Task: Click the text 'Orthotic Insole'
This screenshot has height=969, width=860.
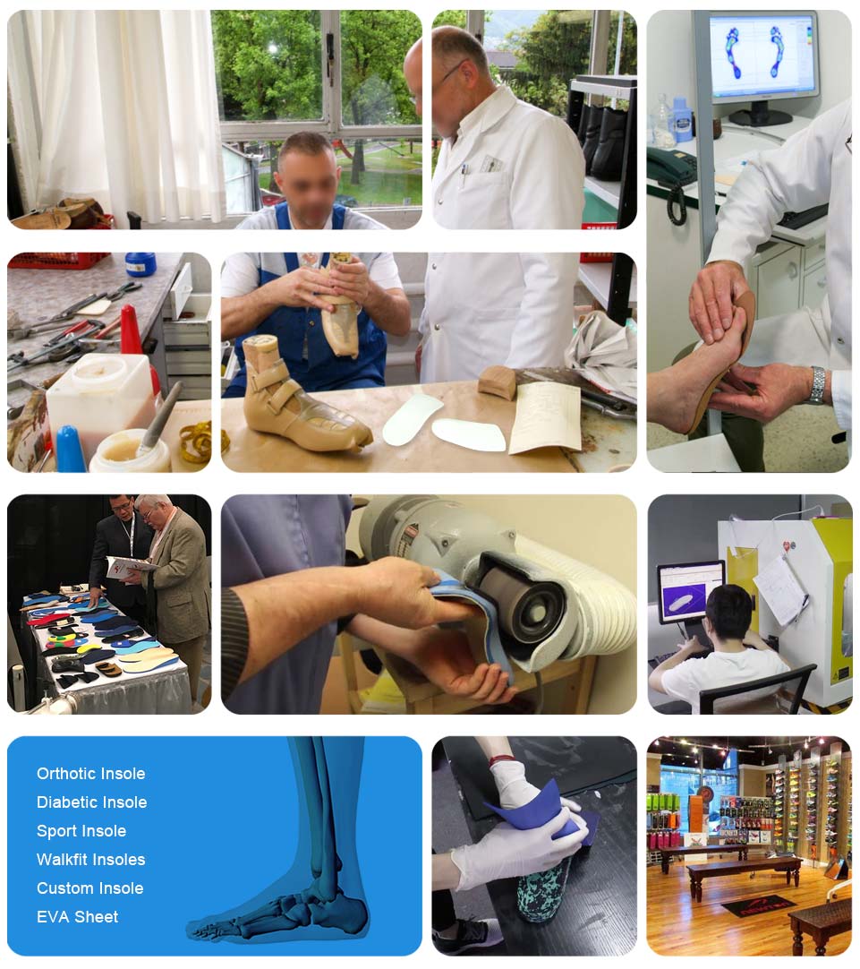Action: pyautogui.click(x=90, y=774)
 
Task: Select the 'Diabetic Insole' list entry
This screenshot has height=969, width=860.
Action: pyautogui.click(x=91, y=802)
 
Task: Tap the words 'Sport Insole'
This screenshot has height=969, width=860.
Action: pyautogui.click(x=81, y=831)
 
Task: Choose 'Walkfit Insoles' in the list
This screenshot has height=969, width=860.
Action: pyautogui.click(x=90, y=860)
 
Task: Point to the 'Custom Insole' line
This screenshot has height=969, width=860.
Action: pyautogui.click(x=89, y=888)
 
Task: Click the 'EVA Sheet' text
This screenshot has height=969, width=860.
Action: pyautogui.click(x=77, y=917)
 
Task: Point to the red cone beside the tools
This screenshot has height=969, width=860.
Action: pyautogui.click(x=132, y=330)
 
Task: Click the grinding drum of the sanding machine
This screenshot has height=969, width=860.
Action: pyautogui.click(x=528, y=596)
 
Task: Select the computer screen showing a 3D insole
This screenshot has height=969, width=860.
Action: pyautogui.click(x=689, y=592)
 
